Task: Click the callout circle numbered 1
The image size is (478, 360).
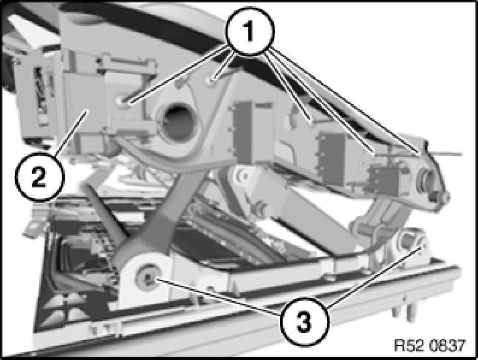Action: (250, 31)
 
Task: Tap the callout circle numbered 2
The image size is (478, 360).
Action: (39, 177)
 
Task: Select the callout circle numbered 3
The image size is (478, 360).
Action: (305, 321)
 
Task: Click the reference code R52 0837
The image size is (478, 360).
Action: (430, 345)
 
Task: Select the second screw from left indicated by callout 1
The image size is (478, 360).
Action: (210, 80)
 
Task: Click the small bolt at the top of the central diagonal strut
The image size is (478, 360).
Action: (243, 175)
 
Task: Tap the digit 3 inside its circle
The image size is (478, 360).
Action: (304, 322)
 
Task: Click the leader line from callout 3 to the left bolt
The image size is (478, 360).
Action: (219, 295)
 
